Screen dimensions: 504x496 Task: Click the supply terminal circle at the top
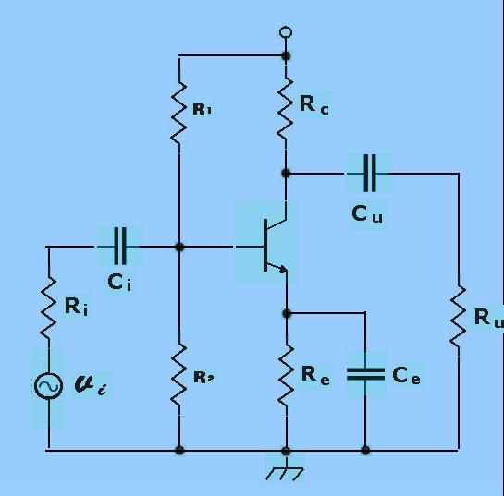[x=286, y=32]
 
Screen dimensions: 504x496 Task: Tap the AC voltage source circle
[x=48, y=385]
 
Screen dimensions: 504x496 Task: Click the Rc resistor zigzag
[x=286, y=109]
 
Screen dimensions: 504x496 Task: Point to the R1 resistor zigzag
[x=178, y=113]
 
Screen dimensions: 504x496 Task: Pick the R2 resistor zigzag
[x=179, y=375]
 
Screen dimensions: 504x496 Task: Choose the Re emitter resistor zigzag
[x=286, y=376]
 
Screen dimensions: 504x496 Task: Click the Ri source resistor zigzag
[x=48, y=308]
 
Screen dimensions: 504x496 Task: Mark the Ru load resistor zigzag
[x=458, y=316]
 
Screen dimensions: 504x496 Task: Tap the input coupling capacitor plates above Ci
[x=120, y=247]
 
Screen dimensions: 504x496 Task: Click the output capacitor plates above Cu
[x=370, y=173]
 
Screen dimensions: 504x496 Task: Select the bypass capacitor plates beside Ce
[x=365, y=374]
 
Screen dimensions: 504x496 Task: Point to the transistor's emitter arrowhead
[x=282, y=270]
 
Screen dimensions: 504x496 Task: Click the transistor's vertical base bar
[x=265, y=246]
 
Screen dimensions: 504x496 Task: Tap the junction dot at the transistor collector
[x=286, y=174]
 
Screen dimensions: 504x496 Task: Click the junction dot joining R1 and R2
[x=179, y=247]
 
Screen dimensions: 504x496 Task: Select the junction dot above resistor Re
[x=287, y=314]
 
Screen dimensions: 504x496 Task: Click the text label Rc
[x=314, y=104]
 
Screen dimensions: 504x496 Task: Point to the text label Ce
[x=406, y=375]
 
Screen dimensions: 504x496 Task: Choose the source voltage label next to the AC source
[x=91, y=385]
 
